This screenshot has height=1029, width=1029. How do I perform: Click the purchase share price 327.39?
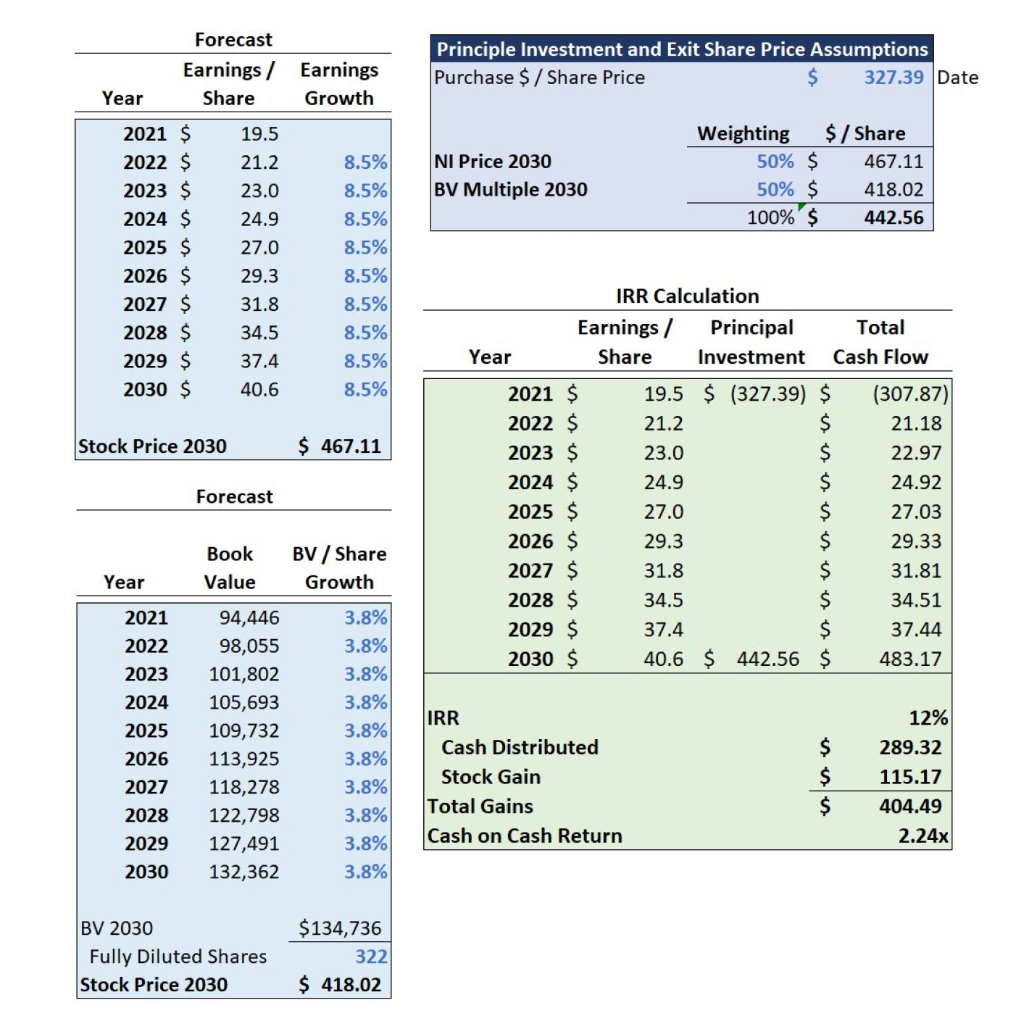coord(893,78)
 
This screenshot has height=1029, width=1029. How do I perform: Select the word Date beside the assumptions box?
coord(957,78)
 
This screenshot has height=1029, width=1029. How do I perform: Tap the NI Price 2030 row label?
coord(492,162)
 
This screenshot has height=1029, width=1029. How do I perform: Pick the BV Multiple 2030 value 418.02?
coord(893,190)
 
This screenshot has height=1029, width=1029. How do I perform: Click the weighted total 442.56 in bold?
coord(893,218)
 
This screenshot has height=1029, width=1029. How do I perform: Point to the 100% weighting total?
coord(770,218)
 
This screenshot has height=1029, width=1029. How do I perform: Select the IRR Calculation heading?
coord(687,296)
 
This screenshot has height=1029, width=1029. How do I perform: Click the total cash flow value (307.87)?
coord(910,394)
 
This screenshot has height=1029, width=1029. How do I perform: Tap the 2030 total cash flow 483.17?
coord(910,659)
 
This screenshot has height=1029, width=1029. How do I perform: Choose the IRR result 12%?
coord(928,717)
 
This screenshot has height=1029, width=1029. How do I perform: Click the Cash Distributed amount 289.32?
coord(910,747)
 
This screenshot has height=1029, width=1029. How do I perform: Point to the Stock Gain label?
coord(491,776)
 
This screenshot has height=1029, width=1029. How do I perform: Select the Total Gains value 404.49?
coord(910,807)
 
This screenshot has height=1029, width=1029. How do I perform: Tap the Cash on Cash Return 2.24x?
coord(923,836)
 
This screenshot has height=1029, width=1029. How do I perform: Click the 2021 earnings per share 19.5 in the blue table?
coord(259,133)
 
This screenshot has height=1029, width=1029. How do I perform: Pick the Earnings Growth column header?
coord(339,84)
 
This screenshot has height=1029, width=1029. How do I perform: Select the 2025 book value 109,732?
coord(244,730)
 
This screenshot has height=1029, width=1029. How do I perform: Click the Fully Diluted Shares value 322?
coord(371,957)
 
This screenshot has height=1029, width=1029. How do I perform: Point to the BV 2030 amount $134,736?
coord(340,928)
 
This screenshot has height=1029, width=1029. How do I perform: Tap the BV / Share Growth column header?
coord(339,567)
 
